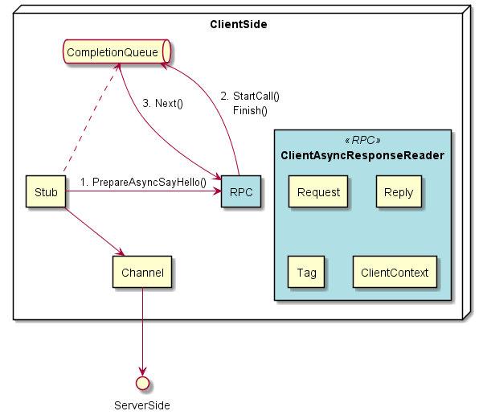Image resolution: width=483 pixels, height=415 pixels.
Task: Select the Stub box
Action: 46,192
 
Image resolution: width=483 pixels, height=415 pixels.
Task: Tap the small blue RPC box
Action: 240,192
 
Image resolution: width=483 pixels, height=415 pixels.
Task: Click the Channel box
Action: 142,273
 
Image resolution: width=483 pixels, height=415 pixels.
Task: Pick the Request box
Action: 318,192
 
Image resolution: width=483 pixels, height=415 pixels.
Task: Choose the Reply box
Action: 399,192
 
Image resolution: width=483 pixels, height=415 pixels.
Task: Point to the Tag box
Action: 305,273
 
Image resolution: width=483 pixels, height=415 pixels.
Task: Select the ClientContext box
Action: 395,273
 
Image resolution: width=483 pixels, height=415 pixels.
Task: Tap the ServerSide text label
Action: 142,405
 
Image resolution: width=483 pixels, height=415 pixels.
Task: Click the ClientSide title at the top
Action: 238,24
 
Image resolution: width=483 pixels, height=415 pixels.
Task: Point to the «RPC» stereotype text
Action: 364,139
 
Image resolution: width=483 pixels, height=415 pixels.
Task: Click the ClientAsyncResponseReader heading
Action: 364,154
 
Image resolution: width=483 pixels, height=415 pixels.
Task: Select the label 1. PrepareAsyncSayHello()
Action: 143,183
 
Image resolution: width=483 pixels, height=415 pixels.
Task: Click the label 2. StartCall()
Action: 250,96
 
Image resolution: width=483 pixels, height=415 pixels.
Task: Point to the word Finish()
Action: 250,110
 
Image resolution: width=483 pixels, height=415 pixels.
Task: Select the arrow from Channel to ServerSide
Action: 142,330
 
